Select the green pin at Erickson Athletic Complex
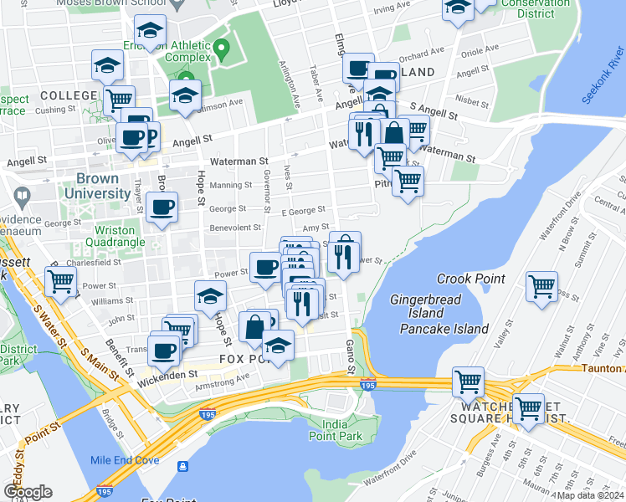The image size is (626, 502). point(221,47)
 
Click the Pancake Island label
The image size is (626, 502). point(444,329)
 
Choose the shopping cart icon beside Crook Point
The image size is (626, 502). point(542,286)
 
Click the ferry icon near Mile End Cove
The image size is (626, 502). point(182,465)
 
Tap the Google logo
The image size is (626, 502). point(28,492)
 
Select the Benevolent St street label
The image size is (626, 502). point(234,227)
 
